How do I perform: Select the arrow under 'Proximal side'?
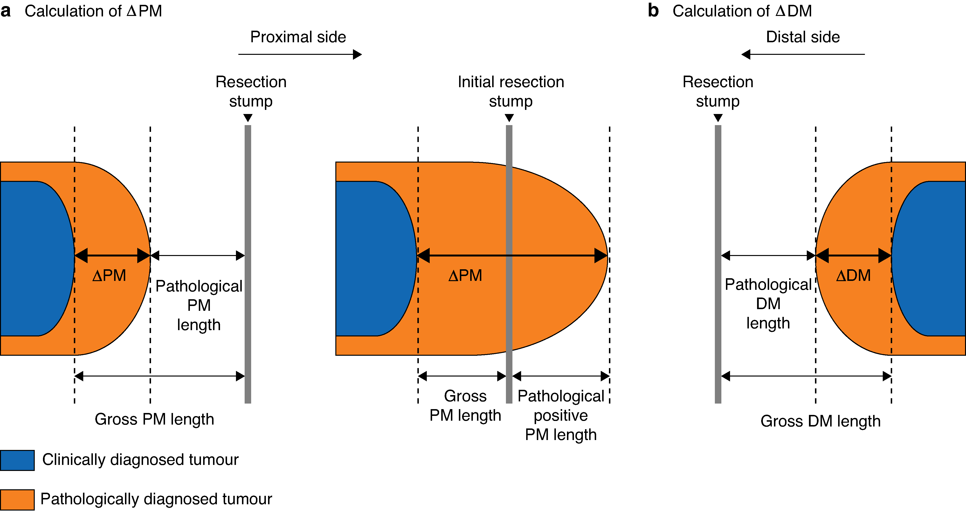pos(300,54)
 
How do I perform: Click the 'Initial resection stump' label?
pos(511,91)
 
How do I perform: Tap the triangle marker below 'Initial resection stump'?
pos(509,118)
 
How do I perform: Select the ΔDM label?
pos(853,276)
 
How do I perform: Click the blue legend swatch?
pos(17,460)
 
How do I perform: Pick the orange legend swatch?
pos(17,500)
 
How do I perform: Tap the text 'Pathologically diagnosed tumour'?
pos(156,499)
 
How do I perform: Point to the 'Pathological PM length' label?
pos(199,305)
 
